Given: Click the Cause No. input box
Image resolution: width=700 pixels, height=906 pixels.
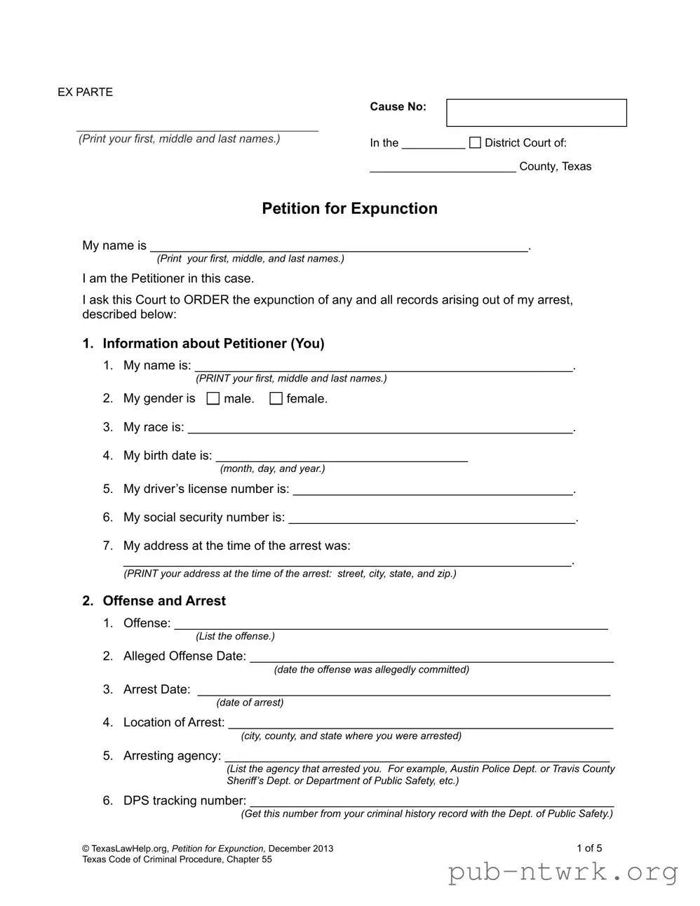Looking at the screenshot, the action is coord(536,113).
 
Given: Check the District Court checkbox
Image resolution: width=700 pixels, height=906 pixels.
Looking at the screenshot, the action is coord(475,143).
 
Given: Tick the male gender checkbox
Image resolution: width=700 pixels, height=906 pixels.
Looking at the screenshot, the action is coord(213,399).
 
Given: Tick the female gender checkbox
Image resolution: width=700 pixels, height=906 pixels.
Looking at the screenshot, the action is coord(276,399).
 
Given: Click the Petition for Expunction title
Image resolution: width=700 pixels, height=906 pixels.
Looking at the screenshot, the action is coord(349,209).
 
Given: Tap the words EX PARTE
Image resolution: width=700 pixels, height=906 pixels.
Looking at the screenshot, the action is coord(85,93).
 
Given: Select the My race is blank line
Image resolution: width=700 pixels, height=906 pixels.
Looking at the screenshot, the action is coord(379,430).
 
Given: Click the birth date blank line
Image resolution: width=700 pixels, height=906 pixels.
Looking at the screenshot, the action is coord(341,459).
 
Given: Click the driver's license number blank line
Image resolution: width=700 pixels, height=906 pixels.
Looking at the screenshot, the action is coord(433,492).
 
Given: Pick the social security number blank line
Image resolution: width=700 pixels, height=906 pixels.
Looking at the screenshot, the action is coord(431,520).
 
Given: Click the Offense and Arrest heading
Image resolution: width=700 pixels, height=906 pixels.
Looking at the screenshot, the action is coord(164,601).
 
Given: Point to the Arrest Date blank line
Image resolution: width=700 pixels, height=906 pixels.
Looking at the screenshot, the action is coord(403,692).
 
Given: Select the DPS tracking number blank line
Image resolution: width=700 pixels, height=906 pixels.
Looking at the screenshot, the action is coord(431,804).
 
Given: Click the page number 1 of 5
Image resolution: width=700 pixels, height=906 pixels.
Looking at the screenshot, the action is coord(589,848).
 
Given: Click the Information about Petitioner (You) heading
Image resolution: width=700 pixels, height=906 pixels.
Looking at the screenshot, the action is coord(213,344).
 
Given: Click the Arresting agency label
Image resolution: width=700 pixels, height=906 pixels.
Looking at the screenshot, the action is coord(172,756).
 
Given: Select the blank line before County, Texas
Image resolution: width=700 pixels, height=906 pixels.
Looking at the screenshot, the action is coord(443,169).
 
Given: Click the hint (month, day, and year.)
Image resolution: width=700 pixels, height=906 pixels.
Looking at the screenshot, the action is coord(272,469).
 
